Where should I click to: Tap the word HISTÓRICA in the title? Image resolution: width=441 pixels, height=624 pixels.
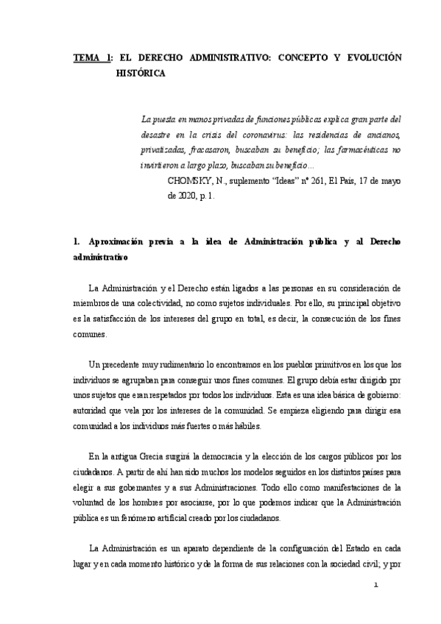139,74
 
